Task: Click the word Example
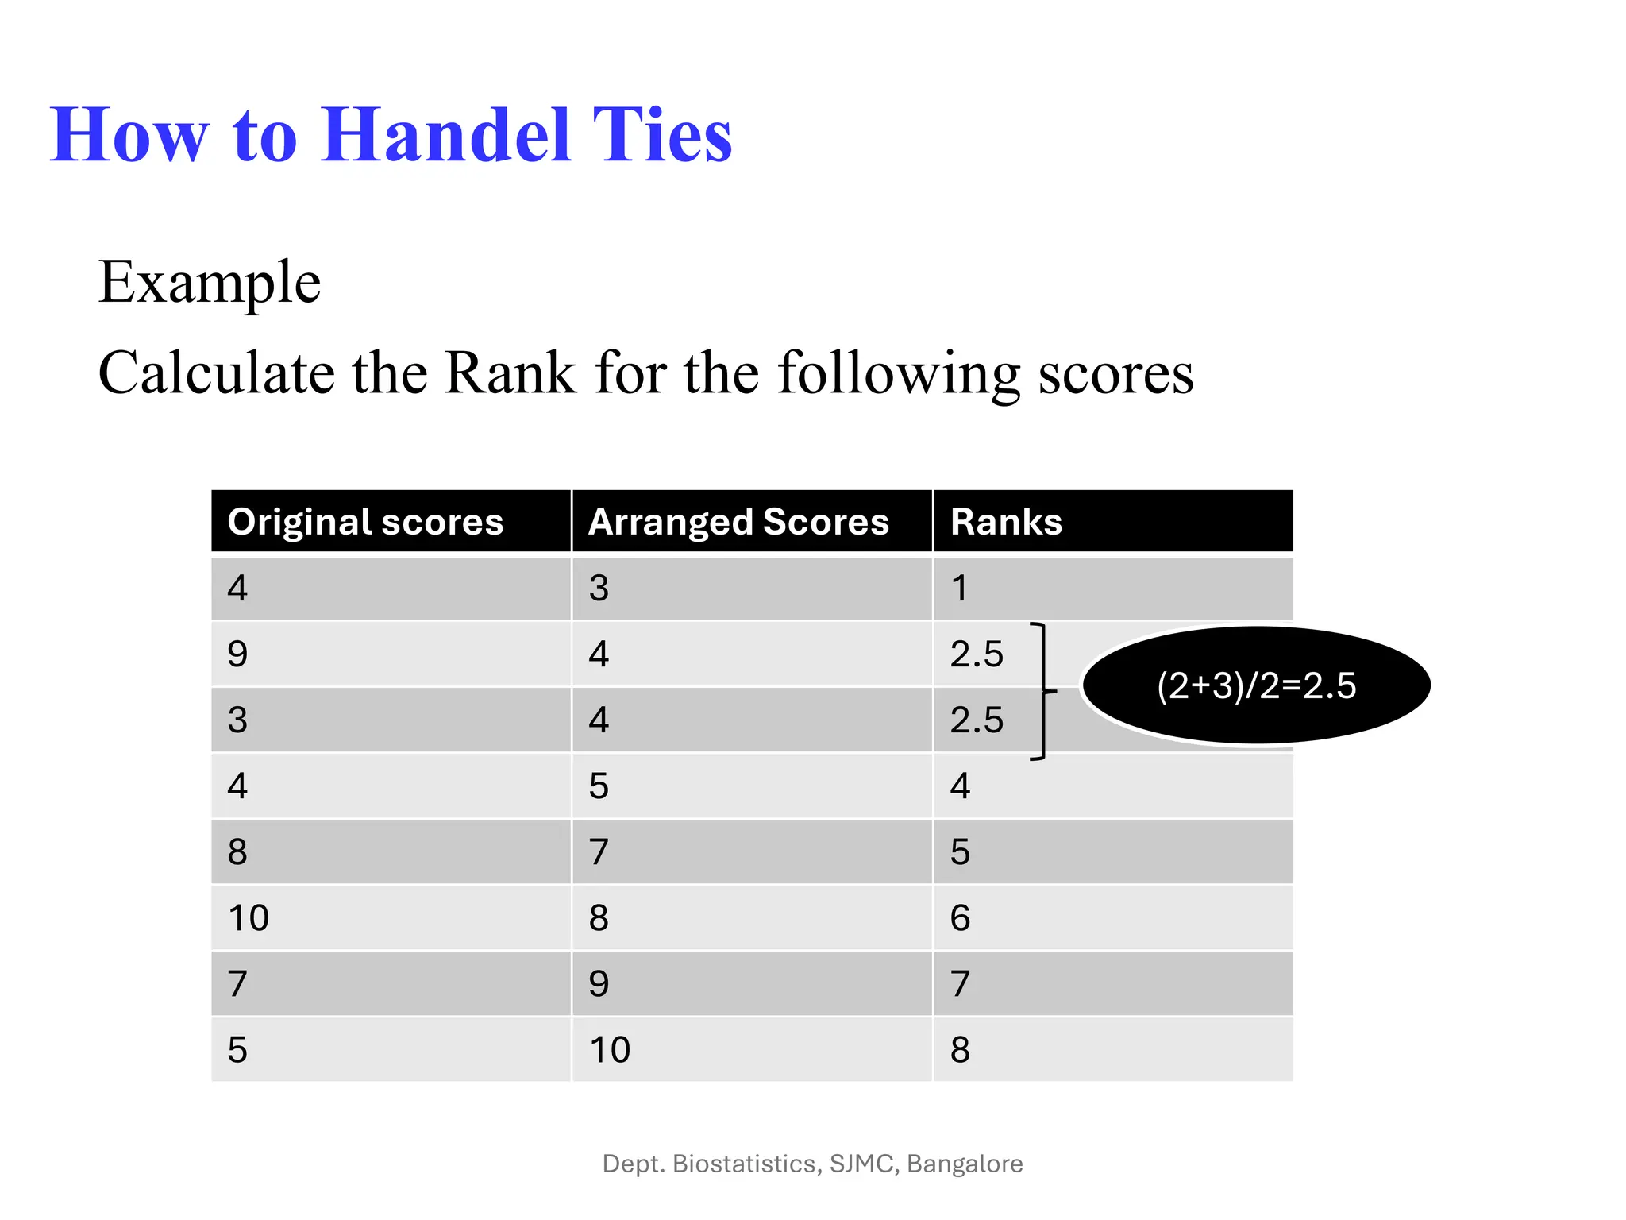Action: (210, 283)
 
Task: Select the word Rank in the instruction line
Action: (510, 373)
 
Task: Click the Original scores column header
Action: (365, 523)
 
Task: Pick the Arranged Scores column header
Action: (738, 523)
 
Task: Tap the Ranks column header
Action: (1006, 523)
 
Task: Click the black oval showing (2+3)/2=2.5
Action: (1256, 685)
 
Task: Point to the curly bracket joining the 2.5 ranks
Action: (1043, 692)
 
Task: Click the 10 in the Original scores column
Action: (249, 918)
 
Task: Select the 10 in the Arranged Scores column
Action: (610, 1050)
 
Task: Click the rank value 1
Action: (960, 589)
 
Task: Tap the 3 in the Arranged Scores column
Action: (599, 589)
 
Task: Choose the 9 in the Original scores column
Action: (237, 654)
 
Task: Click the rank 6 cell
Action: (960, 918)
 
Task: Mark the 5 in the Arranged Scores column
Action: (599, 786)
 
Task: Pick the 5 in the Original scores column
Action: (237, 1050)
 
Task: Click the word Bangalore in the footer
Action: (965, 1164)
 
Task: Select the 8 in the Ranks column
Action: (960, 1050)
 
